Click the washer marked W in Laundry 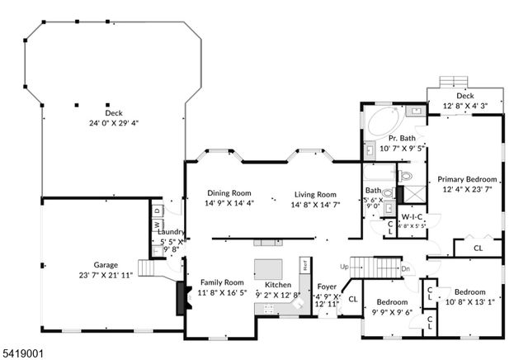pyautogui.click(x=156, y=225)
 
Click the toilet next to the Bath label pyautogui.click(x=405, y=177)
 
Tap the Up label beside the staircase pyautogui.click(x=343, y=266)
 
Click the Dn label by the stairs pyautogui.click(x=405, y=269)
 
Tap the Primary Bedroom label pyautogui.click(x=467, y=179)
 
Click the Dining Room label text pyautogui.click(x=229, y=193)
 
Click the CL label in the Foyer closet pyautogui.click(x=353, y=298)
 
